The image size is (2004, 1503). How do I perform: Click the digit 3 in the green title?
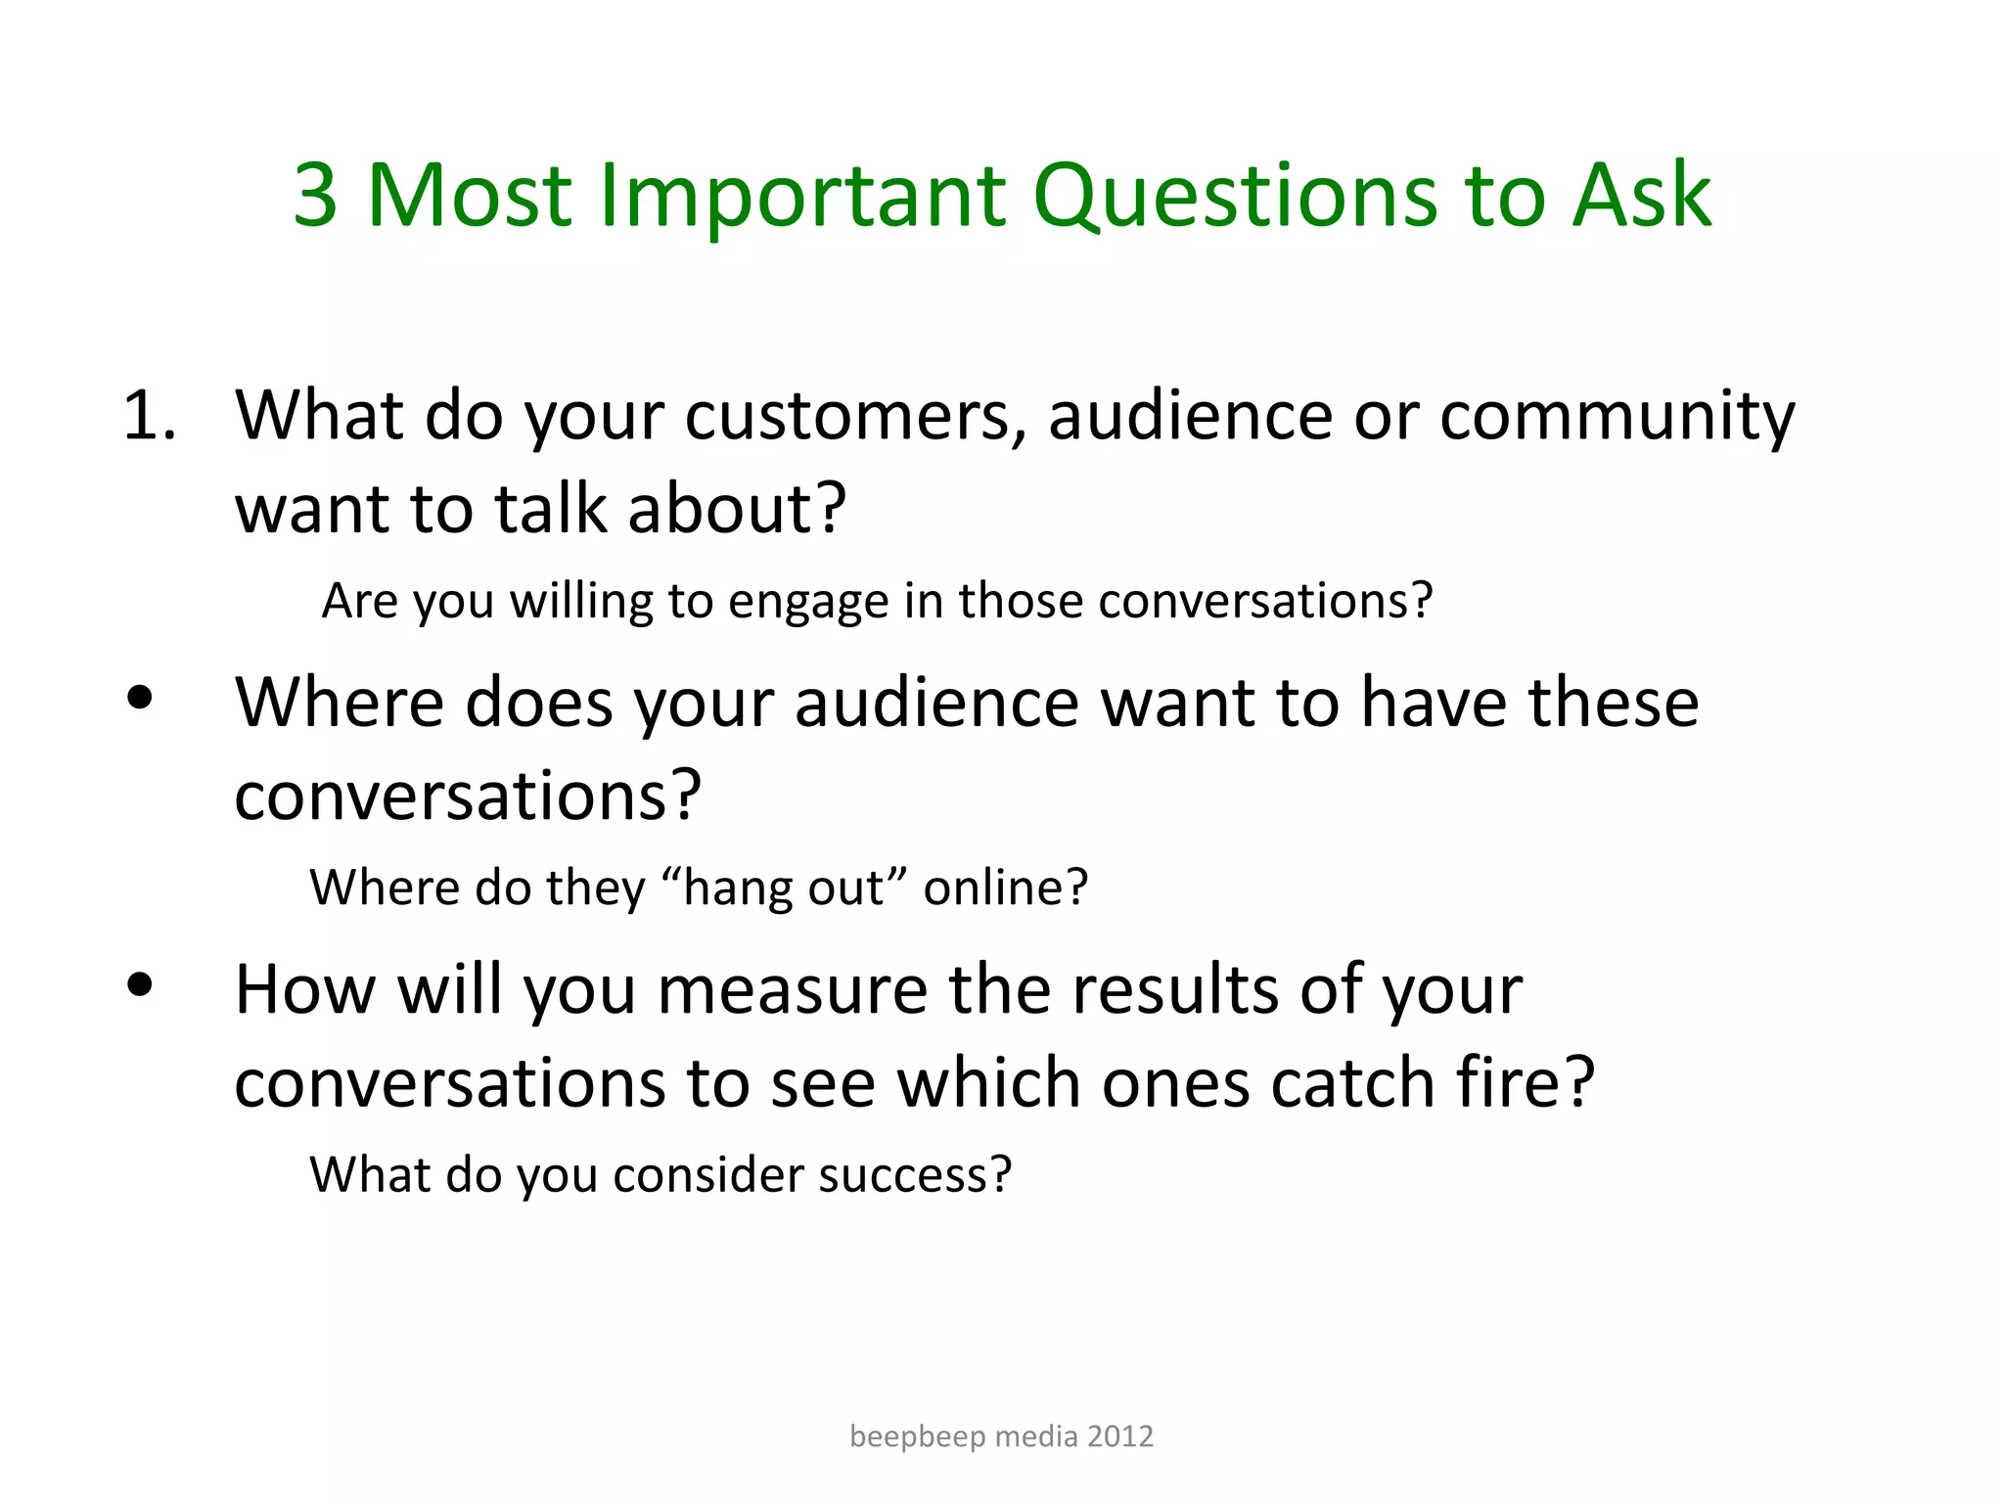(x=316, y=196)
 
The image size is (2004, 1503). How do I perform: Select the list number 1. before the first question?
(x=149, y=416)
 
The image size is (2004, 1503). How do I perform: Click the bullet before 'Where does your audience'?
(x=140, y=698)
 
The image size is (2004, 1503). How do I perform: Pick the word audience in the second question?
(x=937, y=704)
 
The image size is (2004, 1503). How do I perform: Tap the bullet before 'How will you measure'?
(x=140, y=984)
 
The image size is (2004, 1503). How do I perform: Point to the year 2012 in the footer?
(x=1120, y=1436)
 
